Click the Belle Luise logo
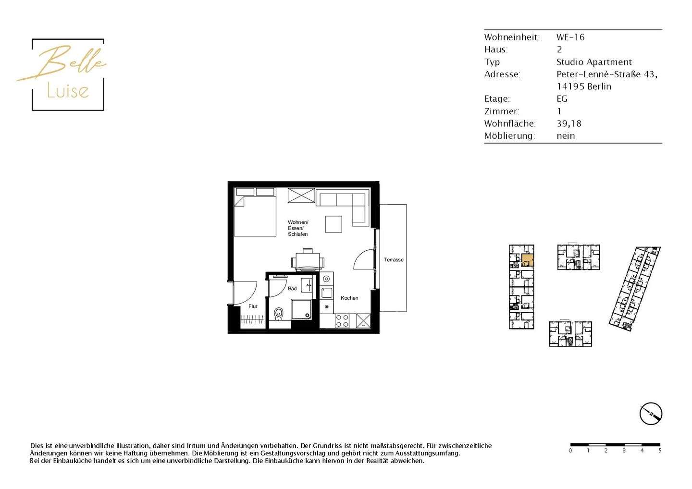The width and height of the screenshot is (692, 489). (67, 74)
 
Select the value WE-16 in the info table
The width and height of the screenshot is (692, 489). (570, 37)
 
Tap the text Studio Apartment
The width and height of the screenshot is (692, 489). (594, 62)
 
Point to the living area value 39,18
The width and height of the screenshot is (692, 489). (569, 123)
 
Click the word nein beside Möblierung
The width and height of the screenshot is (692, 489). (566, 136)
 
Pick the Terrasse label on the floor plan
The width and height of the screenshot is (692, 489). (394, 260)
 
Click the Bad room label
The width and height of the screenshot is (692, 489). (292, 289)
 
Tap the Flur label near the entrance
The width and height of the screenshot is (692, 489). (253, 306)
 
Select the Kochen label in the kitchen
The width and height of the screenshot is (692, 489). (349, 298)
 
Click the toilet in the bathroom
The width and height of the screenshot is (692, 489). (279, 314)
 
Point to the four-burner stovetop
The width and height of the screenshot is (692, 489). (342, 321)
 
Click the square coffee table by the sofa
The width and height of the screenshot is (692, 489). (334, 224)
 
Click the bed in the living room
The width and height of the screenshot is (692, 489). (255, 216)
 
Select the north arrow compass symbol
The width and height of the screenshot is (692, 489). (651, 414)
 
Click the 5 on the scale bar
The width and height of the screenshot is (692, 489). (660, 451)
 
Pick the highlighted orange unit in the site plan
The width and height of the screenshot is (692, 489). (527, 260)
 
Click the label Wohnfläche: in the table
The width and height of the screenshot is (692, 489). (510, 123)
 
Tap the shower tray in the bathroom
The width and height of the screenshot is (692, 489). (301, 309)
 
